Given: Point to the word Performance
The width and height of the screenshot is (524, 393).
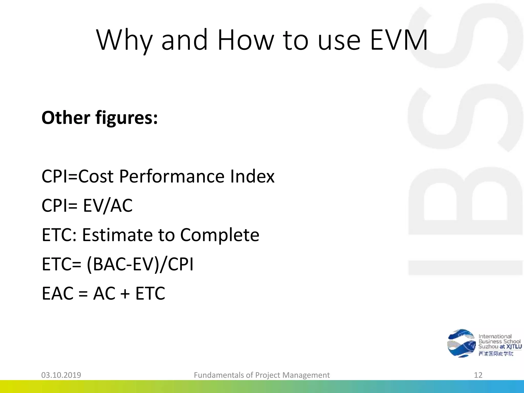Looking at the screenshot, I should click(x=172, y=176).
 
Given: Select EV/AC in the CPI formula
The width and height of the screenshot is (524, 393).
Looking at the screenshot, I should click(x=108, y=205).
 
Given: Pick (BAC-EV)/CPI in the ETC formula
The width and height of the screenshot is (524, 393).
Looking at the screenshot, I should click(x=140, y=264).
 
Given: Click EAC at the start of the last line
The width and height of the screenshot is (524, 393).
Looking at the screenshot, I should click(x=58, y=293).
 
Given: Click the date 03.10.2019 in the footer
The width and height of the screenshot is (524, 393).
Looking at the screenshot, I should click(x=61, y=375).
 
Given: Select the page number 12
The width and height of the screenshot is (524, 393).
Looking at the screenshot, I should click(x=478, y=375).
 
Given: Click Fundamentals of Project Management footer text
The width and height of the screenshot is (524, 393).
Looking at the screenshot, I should click(x=262, y=375).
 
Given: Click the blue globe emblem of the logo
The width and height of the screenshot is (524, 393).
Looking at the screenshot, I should click(x=461, y=343).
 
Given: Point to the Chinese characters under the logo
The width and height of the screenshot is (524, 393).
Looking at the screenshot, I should click(x=496, y=354).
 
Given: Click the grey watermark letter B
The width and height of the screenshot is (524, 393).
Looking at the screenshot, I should click(x=464, y=200).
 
